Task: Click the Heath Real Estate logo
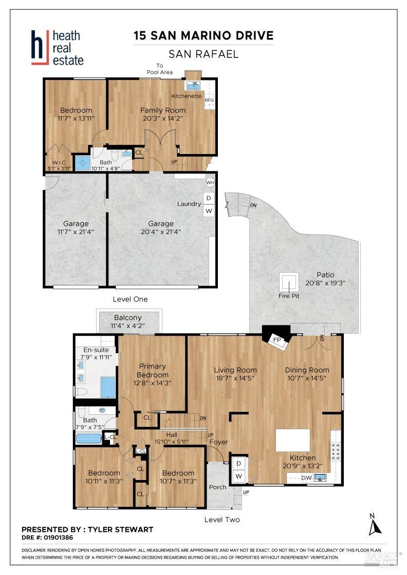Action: (57, 47)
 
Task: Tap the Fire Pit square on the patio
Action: (289, 281)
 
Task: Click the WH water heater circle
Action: (210, 182)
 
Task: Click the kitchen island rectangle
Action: (293, 440)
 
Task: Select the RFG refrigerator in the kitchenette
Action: (209, 100)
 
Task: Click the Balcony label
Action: (128, 318)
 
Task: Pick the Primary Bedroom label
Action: (153, 370)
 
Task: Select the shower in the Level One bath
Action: (82, 163)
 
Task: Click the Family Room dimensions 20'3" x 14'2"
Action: (163, 119)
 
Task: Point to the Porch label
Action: (218, 487)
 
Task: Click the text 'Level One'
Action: (130, 299)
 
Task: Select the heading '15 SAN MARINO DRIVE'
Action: (203, 35)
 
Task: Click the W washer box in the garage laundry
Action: (209, 210)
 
